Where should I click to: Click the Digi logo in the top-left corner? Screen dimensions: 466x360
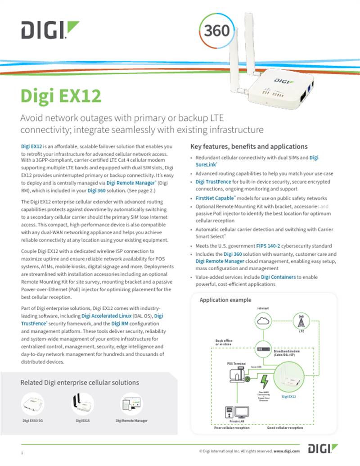(x=49, y=30)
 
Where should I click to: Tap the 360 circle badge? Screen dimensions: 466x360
(x=217, y=30)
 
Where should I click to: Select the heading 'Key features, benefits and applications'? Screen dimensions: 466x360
(x=249, y=146)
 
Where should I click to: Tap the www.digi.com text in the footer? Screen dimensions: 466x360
(x=287, y=451)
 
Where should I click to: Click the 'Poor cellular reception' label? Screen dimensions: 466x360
(x=232, y=428)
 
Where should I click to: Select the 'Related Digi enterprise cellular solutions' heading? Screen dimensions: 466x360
(x=80, y=383)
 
